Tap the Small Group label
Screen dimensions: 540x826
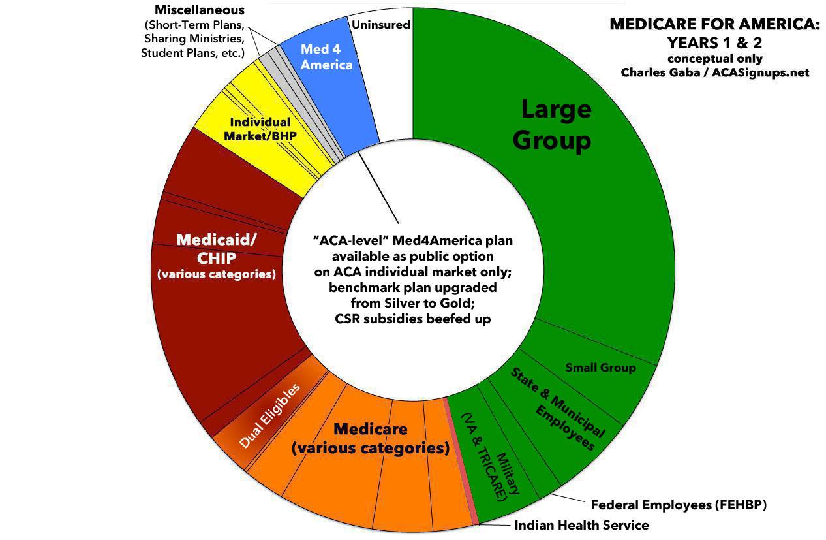click(600, 368)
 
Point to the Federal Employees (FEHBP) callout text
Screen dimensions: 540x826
click(679, 505)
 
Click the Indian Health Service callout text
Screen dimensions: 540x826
click(581, 525)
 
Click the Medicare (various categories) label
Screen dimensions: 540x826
click(371, 439)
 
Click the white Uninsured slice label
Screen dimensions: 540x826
click(380, 25)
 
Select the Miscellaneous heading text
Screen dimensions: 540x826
click(200, 10)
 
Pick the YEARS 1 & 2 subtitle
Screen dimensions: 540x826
click(714, 43)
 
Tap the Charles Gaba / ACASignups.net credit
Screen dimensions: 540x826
click(714, 72)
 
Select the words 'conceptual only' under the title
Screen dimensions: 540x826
click(714, 58)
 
